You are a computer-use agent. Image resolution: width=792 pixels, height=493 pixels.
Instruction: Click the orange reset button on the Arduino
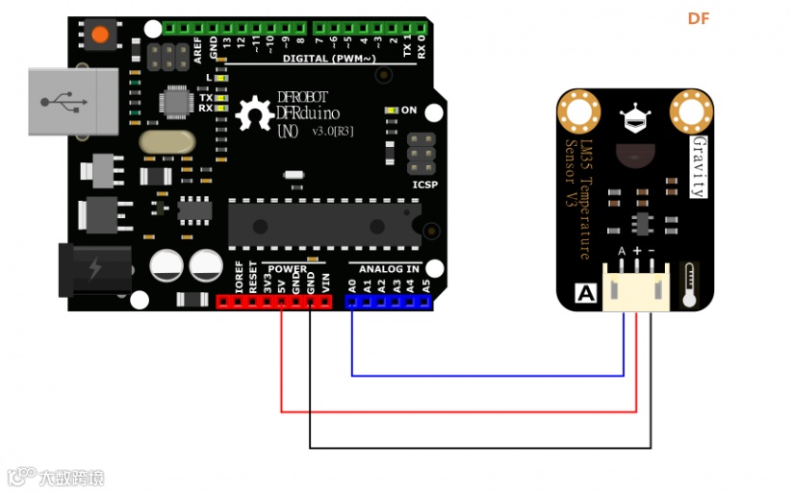(100, 36)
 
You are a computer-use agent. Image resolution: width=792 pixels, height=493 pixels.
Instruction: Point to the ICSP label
(424, 183)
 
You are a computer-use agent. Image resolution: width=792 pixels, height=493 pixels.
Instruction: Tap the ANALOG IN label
(383, 269)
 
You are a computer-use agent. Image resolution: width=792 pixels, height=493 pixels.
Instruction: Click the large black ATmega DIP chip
(323, 223)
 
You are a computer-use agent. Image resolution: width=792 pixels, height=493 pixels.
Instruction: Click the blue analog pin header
(389, 301)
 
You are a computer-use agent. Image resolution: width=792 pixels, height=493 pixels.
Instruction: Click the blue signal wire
(481, 375)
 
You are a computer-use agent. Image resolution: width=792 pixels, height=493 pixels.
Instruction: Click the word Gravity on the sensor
(700, 165)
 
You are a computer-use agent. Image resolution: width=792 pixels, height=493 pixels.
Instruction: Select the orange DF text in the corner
(698, 18)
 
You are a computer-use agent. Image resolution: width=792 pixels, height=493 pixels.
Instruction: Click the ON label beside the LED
(409, 111)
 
